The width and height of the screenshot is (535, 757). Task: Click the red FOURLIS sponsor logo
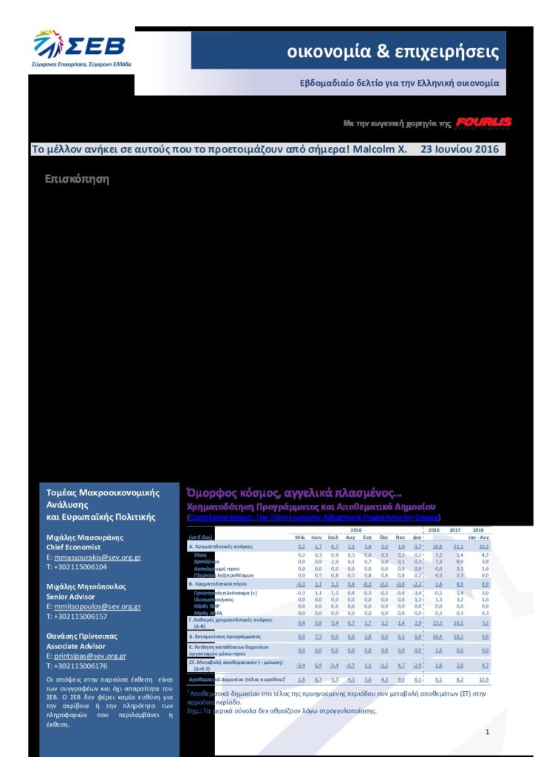click(483, 122)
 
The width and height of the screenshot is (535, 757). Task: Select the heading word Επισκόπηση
click(77, 179)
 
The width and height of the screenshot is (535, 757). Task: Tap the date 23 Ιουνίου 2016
click(460, 149)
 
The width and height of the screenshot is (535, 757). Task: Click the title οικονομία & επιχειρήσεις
click(393, 52)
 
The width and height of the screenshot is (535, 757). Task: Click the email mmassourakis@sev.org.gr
click(98, 557)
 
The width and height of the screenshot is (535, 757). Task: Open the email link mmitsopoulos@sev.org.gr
click(98, 606)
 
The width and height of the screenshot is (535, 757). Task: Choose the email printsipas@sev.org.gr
click(89, 656)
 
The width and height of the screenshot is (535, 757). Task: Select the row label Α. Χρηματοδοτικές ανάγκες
click(221, 546)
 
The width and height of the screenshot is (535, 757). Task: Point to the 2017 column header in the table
click(457, 530)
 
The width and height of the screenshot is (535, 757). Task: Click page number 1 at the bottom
click(488, 731)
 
